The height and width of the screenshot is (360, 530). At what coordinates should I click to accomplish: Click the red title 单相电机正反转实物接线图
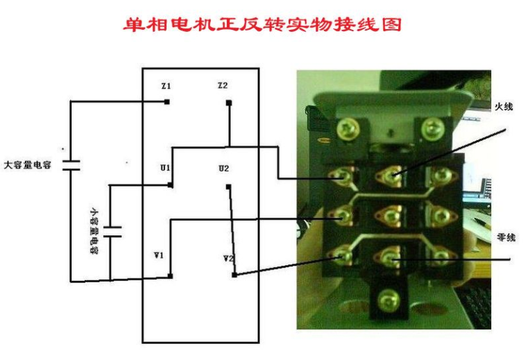coord(262,24)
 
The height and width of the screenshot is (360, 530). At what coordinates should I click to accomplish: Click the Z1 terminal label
coord(166,86)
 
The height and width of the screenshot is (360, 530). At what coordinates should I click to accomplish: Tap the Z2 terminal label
coord(223,85)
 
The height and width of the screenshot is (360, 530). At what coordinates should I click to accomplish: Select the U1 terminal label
coord(165,168)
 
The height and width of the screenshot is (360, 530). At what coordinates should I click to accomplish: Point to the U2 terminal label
coord(224,169)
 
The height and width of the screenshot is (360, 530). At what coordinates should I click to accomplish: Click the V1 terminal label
coord(159,255)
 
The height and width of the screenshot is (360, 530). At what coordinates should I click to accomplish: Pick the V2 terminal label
coord(228,259)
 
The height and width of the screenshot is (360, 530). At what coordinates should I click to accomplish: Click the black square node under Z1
coord(166,102)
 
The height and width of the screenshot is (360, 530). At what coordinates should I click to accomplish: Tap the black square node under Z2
coord(229,103)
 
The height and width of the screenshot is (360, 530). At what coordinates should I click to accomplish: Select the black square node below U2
coord(228,187)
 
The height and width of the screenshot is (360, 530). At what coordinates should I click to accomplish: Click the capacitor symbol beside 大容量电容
coord(71,165)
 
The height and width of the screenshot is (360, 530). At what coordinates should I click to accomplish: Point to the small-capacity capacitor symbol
coord(112,232)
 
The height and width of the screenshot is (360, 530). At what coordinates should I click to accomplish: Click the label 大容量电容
coord(27,165)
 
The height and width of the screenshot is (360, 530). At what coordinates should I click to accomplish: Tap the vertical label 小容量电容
coord(94,230)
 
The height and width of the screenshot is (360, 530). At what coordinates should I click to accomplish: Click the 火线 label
coord(504,107)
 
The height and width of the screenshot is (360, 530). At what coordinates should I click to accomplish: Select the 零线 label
coord(506,237)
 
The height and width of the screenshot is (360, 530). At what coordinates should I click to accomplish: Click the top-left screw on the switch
coord(348,129)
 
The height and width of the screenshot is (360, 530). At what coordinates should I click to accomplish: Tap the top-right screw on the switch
coord(432,128)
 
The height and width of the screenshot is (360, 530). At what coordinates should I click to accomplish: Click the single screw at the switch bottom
coord(388,300)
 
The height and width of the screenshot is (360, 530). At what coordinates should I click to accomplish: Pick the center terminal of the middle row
coord(391,215)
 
